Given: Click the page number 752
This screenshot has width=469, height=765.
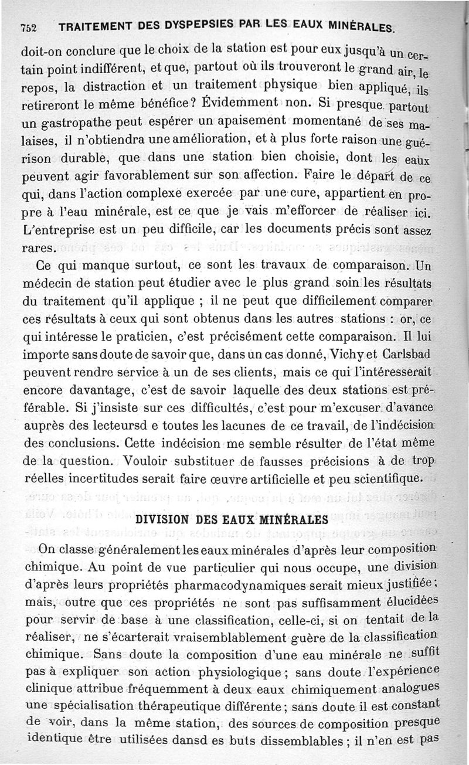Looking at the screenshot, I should (28, 28).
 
